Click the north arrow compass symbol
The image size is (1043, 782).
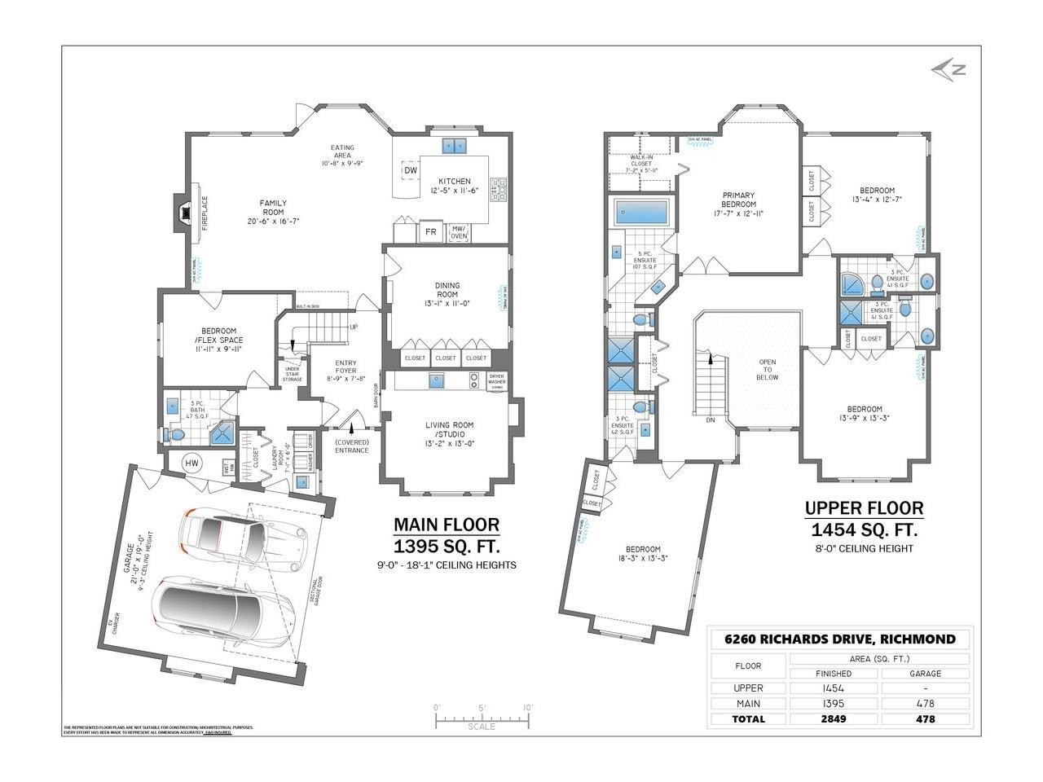[x=948, y=70]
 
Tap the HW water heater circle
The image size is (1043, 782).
[x=192, y=463]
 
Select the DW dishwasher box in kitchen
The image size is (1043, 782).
[x=410, y=170]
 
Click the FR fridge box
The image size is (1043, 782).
[x=431, y=232]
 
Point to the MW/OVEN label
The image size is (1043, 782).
[x=460, y=232]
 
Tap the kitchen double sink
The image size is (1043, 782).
[x=453, y=147]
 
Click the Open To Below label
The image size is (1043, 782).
[x=767, y=369]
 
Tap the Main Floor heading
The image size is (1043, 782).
[x=446, y=525]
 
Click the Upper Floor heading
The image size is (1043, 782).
[x=864, y=509]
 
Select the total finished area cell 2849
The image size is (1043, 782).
[x=834, y=718]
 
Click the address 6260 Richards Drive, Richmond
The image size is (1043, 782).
[x=839, y=639]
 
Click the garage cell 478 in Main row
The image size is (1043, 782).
[x=925, y=703]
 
